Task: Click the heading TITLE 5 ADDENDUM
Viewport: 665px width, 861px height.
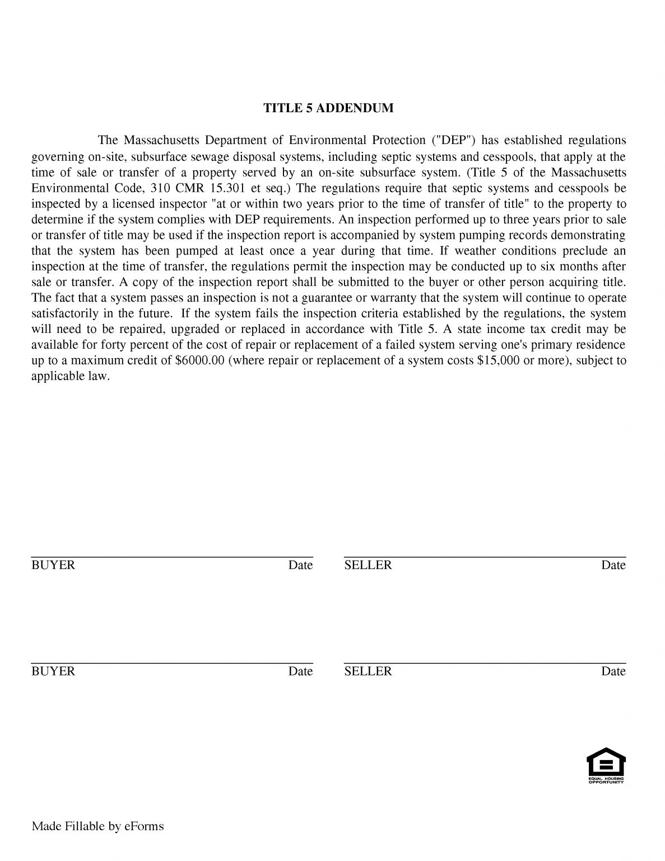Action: click(x=328, y=108)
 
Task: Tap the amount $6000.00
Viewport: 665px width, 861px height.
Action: click(x=200, y=360)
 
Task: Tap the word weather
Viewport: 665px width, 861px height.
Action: click(x=475, y=251)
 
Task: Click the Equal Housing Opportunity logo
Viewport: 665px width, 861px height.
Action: click(x=606, y=766)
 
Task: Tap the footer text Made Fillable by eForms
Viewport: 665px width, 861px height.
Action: click(x=97, y=826)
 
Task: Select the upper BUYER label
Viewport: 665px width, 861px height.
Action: click(x=53, y=565)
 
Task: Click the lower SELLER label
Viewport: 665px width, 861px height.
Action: click(x=368, y=672)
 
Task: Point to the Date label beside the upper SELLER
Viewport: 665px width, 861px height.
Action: click(x=613, y=565)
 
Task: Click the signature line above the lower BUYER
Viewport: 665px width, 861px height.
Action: click(x=171, y=663)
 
